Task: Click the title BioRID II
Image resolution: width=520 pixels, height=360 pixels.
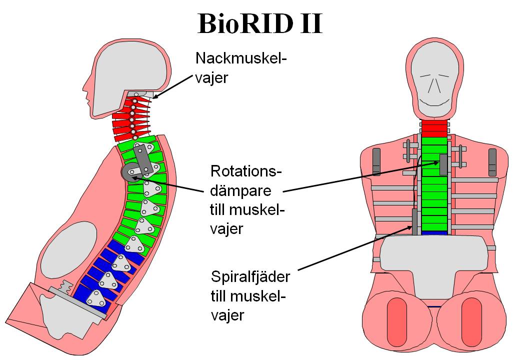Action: [x=260, y=23]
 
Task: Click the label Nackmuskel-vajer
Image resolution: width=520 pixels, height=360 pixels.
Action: [x=241, y=67]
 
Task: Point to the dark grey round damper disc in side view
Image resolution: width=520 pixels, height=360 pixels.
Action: [x=130, y=171]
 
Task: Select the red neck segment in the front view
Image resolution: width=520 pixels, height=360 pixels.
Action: [x=434, y=128]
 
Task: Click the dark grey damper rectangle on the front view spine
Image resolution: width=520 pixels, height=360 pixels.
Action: [x=443, y=164]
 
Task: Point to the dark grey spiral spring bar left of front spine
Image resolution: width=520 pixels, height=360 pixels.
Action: [x=414, y=221]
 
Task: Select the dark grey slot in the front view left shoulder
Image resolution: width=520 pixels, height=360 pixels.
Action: [x=376, y=162]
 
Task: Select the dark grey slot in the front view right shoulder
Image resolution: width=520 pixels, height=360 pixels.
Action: [x=492, y=162]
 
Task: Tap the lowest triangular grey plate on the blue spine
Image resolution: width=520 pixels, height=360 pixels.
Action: [x=96, y=298]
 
